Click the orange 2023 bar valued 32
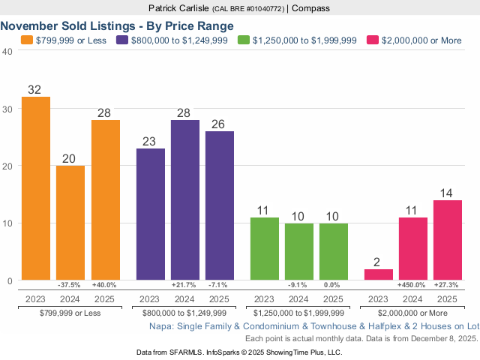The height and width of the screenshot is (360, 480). coord(36,188)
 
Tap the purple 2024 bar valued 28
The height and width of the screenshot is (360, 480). coord(185,199)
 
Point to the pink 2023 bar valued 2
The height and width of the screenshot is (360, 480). coord(378,274)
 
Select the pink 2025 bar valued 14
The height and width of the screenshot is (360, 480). coord(447,240)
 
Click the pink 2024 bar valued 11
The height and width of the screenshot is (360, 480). coord(412,248)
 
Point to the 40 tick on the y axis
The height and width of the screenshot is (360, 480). coord(7,51)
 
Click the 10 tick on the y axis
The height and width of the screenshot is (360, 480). coord(7,223)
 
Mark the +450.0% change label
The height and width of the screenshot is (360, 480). coord(412,285)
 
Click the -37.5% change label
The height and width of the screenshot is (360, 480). coord(70,285)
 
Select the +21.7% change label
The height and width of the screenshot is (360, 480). coord(185,285)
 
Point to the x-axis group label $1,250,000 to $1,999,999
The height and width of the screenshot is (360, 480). coord(298,311)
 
